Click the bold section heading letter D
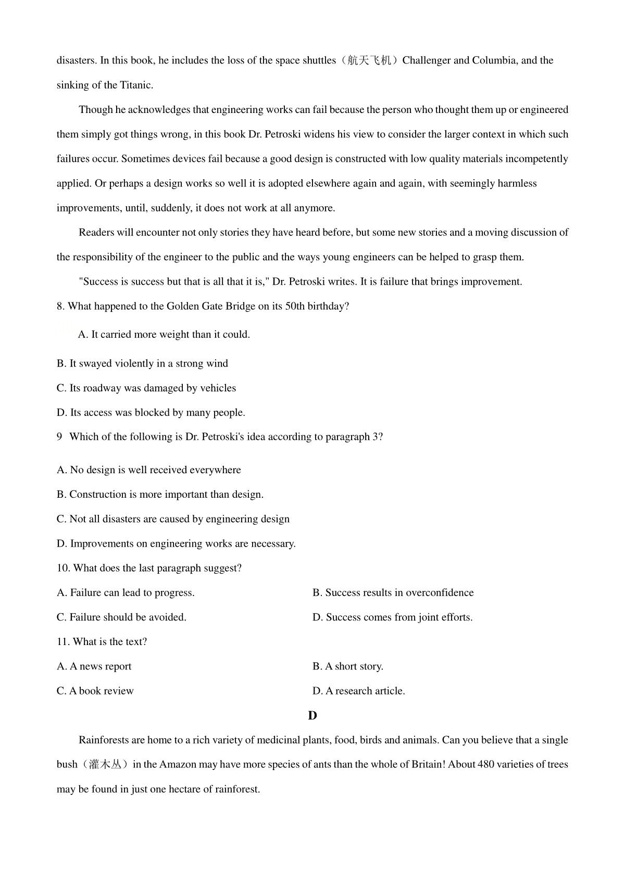tap(312, 716)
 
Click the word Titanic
tap(136, 85)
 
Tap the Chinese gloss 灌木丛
tap(105, 765)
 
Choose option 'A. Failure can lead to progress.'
tap(126, 593)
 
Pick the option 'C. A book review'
tap(95, 691)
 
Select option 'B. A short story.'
tap(348, 667)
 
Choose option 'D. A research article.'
tap(359, 691)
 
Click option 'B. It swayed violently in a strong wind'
tap(142, 364)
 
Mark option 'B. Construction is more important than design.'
tap(160, 495)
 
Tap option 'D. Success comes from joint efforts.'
tap(393, 617)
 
